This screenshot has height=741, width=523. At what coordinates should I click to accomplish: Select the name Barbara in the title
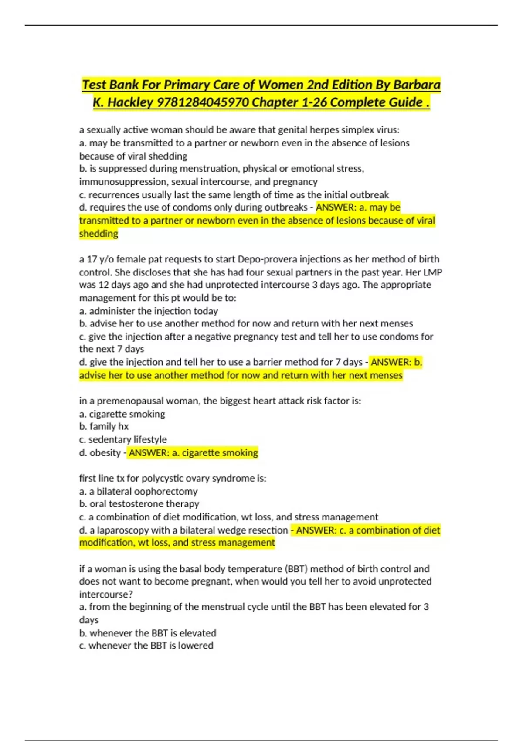click(417, 85)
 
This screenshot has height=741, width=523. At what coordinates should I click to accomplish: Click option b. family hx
click(104, 426)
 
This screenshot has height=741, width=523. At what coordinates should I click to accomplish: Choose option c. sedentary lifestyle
click(123, 439)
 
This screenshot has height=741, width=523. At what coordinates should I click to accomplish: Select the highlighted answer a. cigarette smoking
click(193, 452)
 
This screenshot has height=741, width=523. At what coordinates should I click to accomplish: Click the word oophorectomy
click(166, 491)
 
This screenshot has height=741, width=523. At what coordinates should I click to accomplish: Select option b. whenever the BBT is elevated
click(148, 633)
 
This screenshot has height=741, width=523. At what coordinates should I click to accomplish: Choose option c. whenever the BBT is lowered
click(146, 646)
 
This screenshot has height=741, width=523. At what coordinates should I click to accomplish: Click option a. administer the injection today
click(149, 311)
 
